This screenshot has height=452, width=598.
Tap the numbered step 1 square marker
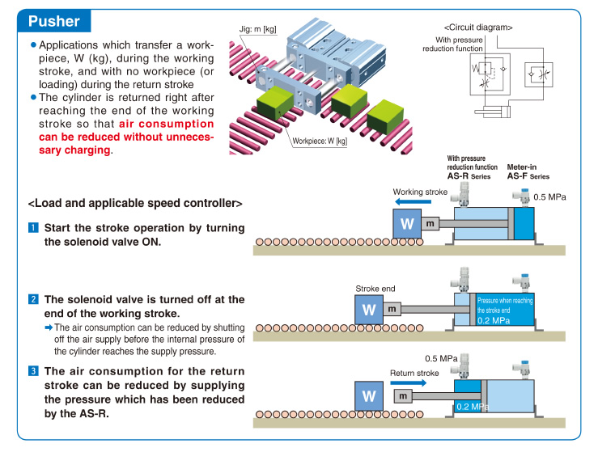coord(34,228)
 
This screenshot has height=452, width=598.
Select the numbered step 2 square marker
coord(34,299)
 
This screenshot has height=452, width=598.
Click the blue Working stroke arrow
coord(414,202)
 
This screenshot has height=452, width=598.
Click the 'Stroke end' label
coord(375,289)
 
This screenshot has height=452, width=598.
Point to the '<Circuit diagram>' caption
coord(478,27)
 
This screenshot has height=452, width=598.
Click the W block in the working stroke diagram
coord(407,222)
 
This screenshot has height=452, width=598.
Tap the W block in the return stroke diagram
coord(369,396)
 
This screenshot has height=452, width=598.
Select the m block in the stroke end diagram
coord(391,309)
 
